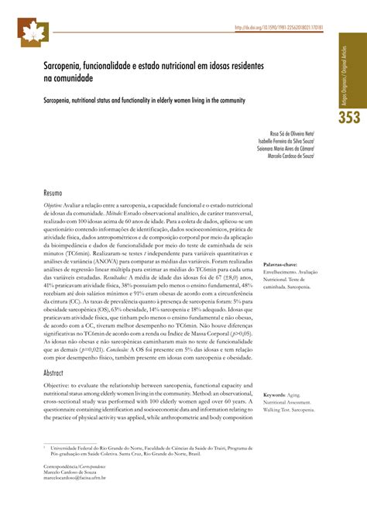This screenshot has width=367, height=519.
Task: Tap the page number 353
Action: (x=347, y=118)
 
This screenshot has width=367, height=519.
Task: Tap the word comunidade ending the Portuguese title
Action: (x=74, y=79)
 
